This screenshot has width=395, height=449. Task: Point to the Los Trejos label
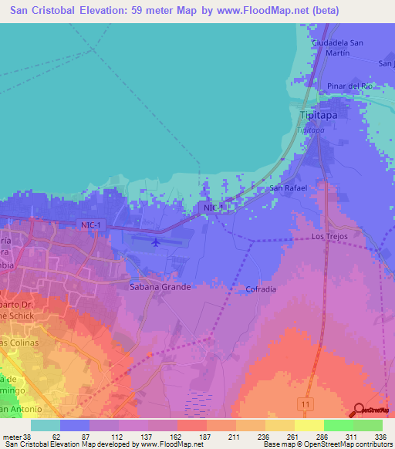pyautogui.click(x=329, y=235)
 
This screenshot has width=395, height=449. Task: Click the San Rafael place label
pyautogui.click(x=288, y=187)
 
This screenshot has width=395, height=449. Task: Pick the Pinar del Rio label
pyautogui.click(x=349, y=85)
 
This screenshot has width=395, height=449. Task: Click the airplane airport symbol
pyautogui.click(x=156, y=243)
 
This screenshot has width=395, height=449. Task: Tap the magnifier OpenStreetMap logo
pyautogui.click(x=359, y=411)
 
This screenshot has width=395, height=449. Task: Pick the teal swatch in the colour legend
pyautogui.click(x=46, y=425)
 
